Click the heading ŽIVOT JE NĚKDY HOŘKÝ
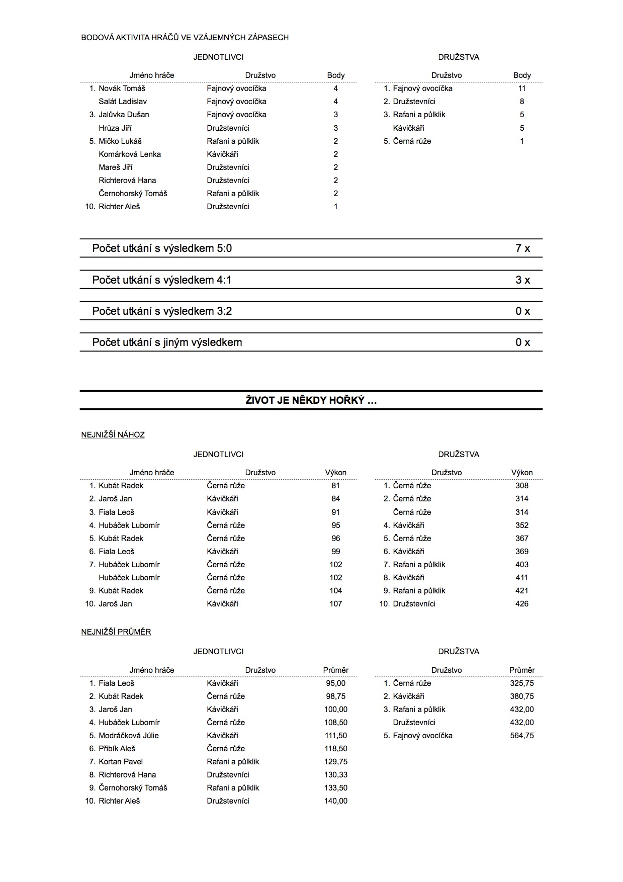tap(311, 400)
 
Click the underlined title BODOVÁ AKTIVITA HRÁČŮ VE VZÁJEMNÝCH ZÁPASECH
tap(185, 37)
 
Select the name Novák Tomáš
tap(122, 89)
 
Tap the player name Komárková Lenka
tap(130, 154)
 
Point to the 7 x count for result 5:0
tap(522, 248)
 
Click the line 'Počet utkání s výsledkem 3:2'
tap(162, 311)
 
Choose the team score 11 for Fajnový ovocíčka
tap(522, 89)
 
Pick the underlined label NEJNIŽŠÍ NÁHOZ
tap(113, 435)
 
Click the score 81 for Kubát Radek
tap(335, 486)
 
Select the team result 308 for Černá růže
tap(522, 486)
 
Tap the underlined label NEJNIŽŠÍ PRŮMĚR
tap(116, 632)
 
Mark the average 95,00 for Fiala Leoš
tap(335, 683)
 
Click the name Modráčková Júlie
tap(129, 736)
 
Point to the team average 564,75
tap(522, 736)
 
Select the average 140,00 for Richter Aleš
tap(335, 801)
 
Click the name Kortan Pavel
tap(121, 762)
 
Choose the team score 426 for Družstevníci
tap(522, 604)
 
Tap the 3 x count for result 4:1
tap(522, 280)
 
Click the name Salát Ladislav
tap(123, 102)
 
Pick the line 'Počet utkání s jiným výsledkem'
tap(167, 342)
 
